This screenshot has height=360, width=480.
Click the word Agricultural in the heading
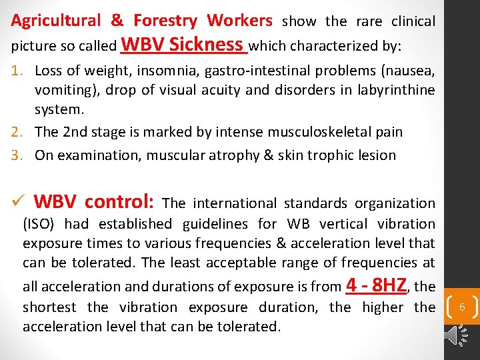tap(55, 21)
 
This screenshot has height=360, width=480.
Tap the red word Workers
tap(239, 21)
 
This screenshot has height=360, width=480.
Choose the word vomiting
tap(63, 90)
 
